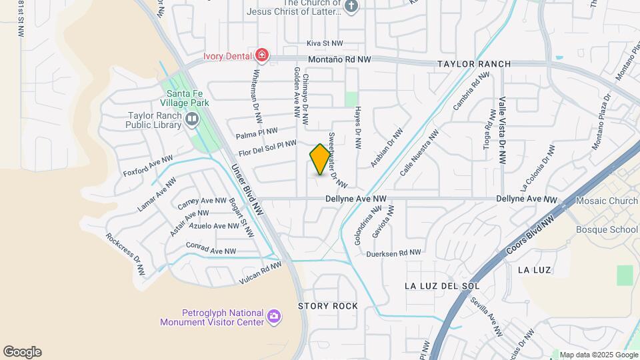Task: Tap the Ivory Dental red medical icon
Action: (262, 55)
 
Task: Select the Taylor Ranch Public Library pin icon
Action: (193, 120)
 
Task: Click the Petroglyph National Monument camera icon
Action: (273, 316)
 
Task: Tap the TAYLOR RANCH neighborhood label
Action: (474, 64)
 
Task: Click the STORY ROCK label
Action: (327, 306)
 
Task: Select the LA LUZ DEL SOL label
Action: (442, 285)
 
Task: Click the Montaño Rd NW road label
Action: (339, 59)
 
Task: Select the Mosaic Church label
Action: (607, 200)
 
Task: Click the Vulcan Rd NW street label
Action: (261, 273)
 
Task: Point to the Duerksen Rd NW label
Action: (393, 253)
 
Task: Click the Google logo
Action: (22, 352)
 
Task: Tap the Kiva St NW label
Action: (324, 43)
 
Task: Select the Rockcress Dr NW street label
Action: (125, 254)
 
